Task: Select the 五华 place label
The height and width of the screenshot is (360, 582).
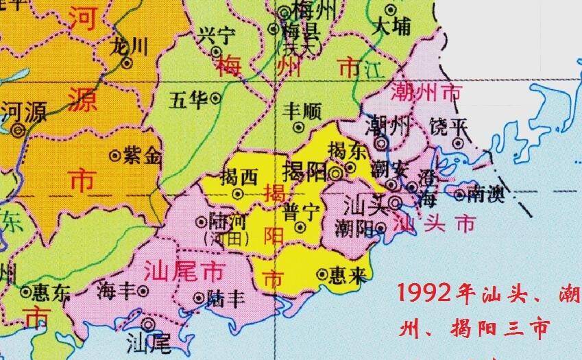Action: pos(189,100)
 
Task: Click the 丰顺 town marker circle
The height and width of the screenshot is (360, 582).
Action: pos(299,126)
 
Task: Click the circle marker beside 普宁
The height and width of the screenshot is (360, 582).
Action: pos(300,227)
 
